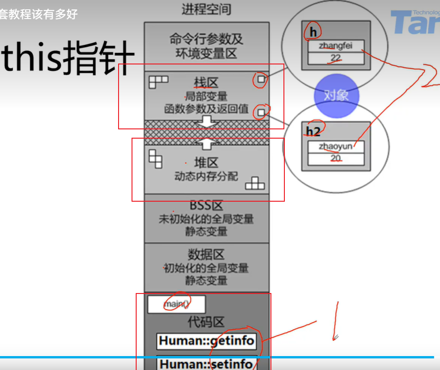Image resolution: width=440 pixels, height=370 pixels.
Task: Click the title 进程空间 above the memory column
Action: pos(207,9)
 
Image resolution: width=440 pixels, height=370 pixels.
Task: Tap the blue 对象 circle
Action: pos(336,96)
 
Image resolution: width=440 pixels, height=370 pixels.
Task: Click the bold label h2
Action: pos(314,131)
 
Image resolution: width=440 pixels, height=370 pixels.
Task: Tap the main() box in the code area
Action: pos(176,305)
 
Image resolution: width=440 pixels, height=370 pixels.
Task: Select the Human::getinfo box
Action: pos(206,341)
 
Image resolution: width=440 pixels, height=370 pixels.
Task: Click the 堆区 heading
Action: pos(206,163)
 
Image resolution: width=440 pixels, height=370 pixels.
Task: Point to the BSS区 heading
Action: pos(206,205)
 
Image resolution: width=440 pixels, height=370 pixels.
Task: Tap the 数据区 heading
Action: pos(206,255)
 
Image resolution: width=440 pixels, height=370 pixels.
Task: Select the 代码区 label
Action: pos(206,322)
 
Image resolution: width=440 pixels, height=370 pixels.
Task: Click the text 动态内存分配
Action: pos(206,176)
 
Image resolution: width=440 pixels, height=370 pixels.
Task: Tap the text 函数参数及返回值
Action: pos(206,109)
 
